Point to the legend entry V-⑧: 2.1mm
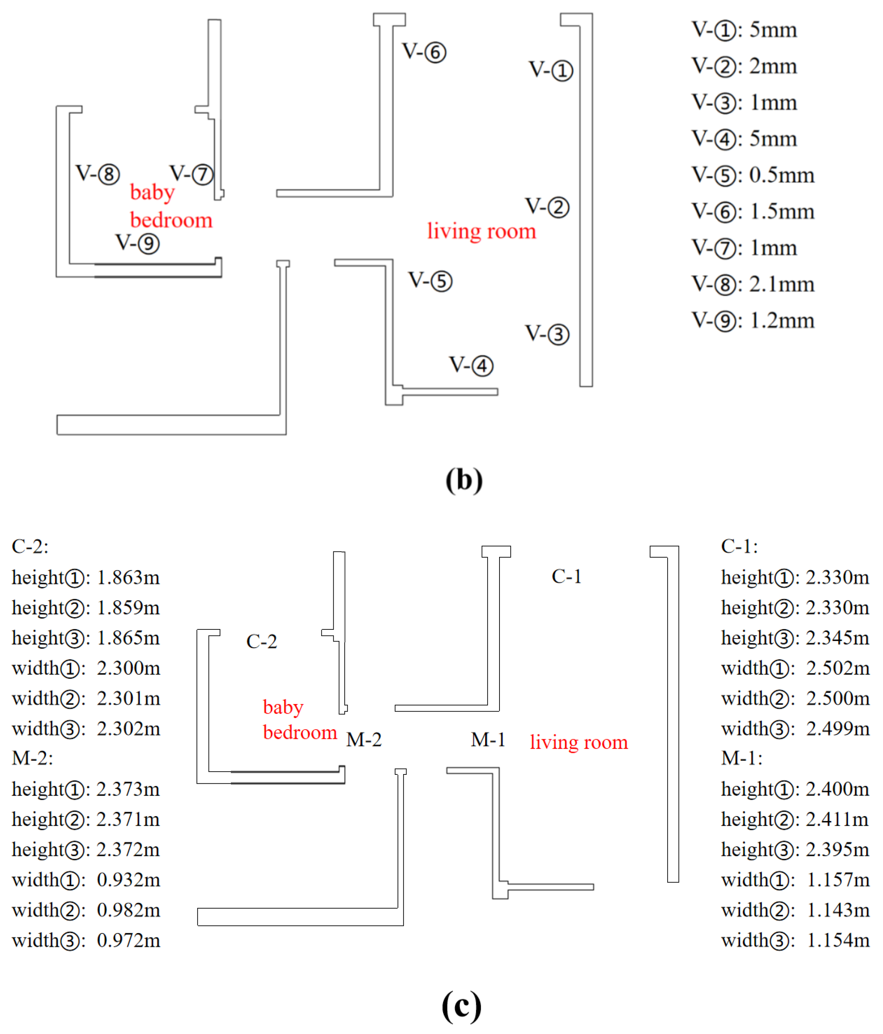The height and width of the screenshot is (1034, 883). [x=753, y=284]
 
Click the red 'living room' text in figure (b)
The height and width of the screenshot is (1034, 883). [x=481, y=231]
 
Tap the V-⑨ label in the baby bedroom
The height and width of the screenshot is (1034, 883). [x=137, y=243]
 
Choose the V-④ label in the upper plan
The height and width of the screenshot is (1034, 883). [x=471, y=365]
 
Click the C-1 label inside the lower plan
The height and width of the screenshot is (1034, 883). [x=567, y=576]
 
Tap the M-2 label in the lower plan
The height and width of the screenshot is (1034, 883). [x=363, y=740]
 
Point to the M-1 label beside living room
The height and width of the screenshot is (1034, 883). [x=488, y=740]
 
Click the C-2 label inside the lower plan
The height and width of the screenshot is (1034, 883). [x=261, y=641]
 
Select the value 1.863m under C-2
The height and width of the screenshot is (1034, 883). [x=128, y=578]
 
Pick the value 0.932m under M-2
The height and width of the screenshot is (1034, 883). [x=128, y=880]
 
